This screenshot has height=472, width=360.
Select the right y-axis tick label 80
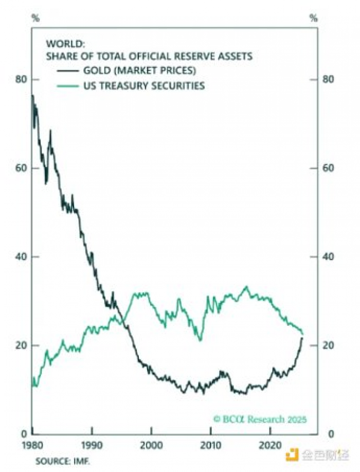tap(329, 80)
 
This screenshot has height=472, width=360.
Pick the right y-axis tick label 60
tap(329, 168)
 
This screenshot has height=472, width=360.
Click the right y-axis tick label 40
tap(329, 257)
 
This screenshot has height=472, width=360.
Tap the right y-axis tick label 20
tap(329, 345)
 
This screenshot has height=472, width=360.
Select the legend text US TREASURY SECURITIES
tap(143, 85)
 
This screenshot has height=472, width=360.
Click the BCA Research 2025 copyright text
tap(260, 419)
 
